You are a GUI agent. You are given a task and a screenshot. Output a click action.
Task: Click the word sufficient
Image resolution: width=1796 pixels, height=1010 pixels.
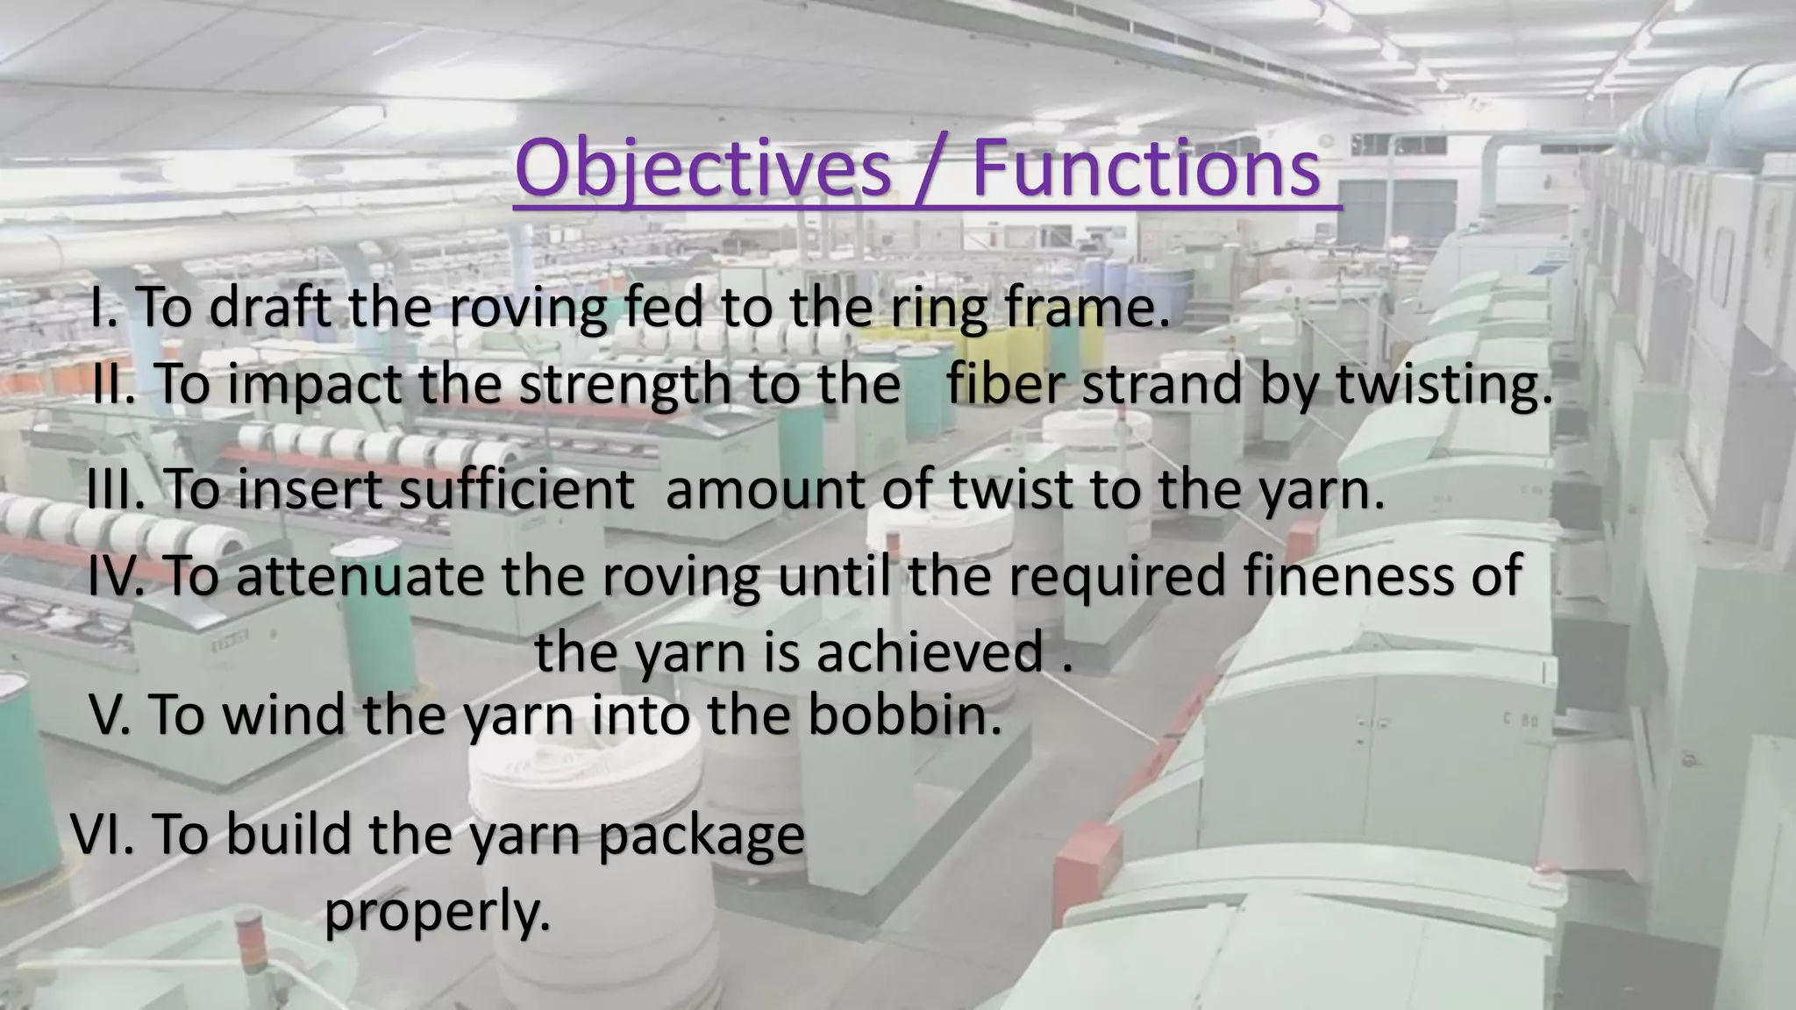pyautogui.click(x=517, y=489)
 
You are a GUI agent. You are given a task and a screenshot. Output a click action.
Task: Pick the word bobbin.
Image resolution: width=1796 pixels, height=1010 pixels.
pyautogui.click(x=904, y=715)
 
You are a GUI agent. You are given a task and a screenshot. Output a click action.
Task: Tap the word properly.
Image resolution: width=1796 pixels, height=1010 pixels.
pyautogui.click(x=438, y=914)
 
